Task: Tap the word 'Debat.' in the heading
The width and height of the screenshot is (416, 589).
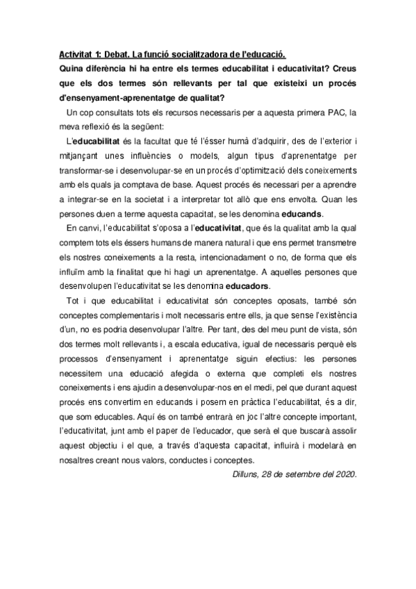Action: pyautogui.click(x=120, y=54)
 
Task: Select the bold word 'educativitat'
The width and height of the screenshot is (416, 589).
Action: pyautogui.click(x=219, y=229)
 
